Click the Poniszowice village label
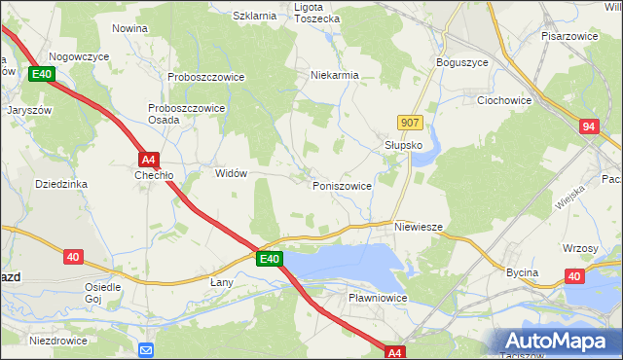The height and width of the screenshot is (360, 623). (342, 185)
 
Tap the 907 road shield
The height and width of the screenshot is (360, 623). (410, 122)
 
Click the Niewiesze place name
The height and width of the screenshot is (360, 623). (420, 227)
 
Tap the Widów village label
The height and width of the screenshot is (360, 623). (231, 173)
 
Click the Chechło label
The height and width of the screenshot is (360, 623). (154, 176)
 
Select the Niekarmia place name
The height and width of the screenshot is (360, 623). (335, 75)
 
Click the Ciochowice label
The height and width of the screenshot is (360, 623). (502, 99)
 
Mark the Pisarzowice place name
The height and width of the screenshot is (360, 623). (569, 35)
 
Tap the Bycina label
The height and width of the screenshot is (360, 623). (522, 272)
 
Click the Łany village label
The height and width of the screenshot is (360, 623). (222, 281)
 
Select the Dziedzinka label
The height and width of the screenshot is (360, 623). (61, 183)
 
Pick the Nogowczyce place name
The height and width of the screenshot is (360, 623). (79, 57)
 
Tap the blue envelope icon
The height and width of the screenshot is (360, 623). (146, 349)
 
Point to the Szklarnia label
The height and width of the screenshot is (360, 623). (256, 16)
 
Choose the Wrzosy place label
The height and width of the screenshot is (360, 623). (580, 248)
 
